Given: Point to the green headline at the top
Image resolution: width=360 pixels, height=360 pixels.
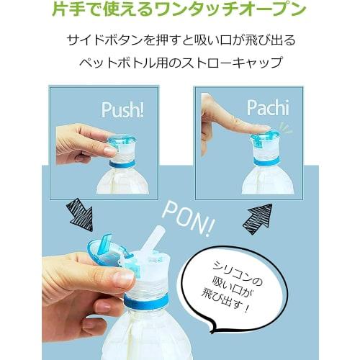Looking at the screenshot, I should point(179,12).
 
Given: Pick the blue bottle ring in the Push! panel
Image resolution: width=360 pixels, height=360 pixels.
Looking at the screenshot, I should point(125,163).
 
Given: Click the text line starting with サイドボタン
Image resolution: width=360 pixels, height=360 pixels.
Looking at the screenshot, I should point(180,40).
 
